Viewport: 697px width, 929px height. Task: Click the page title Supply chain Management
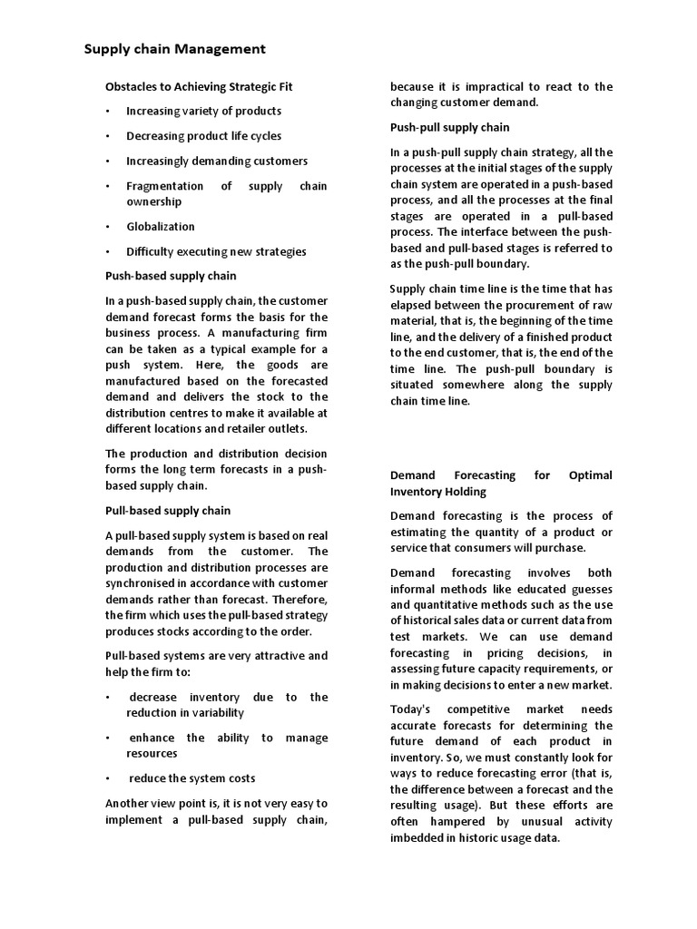[x=175, y=49]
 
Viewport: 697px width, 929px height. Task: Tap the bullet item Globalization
[x=161, y=227]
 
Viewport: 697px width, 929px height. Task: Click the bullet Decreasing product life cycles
[x=203, y=136]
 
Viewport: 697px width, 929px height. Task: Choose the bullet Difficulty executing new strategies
[x=216, y=251]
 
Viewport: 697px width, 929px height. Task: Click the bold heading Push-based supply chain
[x=171, y=276]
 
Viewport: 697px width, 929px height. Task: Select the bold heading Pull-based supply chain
[x=168, y=511]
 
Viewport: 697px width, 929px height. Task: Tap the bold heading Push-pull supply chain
[x=449, y=127]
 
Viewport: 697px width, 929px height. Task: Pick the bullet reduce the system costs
[x=192, y=777]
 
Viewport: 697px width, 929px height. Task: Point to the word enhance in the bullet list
[x=150, y=738]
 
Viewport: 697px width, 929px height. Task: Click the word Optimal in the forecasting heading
[x=590, y=475]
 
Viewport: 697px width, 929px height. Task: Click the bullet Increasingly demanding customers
[x=217, y=161]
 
